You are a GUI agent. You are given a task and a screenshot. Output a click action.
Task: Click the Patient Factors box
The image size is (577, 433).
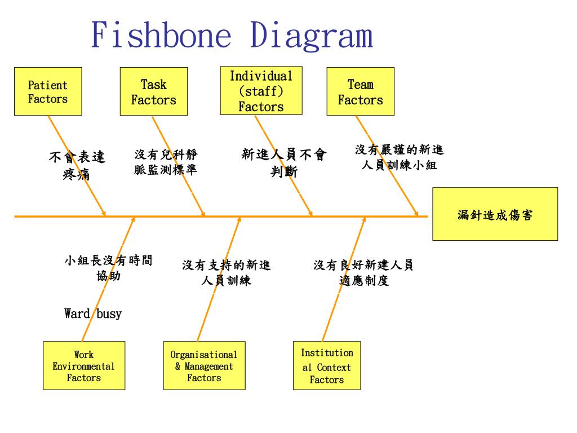pos(48,92)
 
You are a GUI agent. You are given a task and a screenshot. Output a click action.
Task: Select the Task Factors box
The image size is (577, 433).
pos(153,92)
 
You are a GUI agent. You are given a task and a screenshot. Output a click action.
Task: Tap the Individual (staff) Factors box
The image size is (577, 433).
pos(261,91)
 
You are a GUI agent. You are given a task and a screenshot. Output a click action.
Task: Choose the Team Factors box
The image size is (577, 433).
pos(360,92)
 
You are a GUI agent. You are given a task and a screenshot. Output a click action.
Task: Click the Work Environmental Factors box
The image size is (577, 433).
pos(84,366)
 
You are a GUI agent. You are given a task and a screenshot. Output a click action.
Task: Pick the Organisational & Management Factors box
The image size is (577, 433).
pos(204,366)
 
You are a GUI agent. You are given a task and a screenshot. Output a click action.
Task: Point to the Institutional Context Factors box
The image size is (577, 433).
pos(327,366)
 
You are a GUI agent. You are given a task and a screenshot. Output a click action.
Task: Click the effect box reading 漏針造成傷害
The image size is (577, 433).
pos(495,214)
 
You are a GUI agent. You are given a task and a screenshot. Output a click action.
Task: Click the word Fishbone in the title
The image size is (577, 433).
pos(161,35)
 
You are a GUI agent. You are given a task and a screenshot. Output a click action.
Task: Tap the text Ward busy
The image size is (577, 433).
pos(93,313)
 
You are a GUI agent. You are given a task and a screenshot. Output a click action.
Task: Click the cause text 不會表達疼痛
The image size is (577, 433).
pos(77,165)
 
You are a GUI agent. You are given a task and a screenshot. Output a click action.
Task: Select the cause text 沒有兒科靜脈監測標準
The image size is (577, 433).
pos(166,162)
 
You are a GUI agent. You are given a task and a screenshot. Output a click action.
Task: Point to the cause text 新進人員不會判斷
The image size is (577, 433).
pos(284,163)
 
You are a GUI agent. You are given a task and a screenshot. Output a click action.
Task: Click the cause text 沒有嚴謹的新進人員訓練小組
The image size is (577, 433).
pos(399,157)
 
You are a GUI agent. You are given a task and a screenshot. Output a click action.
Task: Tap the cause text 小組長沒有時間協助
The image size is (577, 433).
pos(108,268)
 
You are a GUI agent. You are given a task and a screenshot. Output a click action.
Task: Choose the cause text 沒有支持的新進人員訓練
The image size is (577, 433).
pos(227,273)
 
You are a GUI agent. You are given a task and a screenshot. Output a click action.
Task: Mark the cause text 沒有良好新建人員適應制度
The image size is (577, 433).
pos(363,273)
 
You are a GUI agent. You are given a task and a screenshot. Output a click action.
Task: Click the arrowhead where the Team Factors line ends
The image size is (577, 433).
pos(416,214)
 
